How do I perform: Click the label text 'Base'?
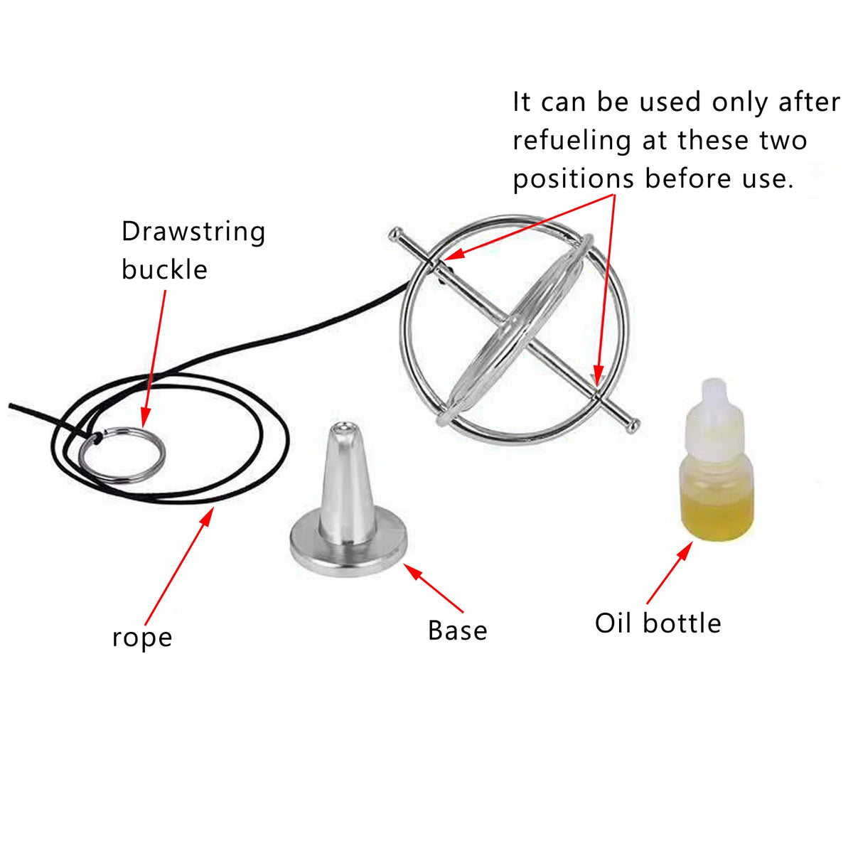457,631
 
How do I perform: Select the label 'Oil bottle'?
658,623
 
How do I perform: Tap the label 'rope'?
142,638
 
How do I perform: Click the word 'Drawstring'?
193,232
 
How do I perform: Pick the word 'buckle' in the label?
164,270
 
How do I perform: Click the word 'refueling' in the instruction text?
572,141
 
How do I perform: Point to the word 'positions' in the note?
573,178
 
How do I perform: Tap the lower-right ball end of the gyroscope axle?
631,425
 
